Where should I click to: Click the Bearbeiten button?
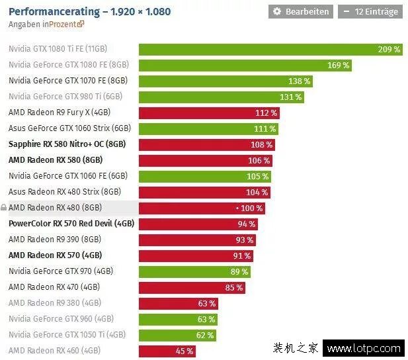point(301,12)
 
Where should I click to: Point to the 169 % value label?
point(338,66)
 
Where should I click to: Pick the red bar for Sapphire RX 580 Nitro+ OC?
point(206,144)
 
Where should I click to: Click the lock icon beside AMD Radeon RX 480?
point(4,208)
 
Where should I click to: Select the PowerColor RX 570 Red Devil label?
point(71,224)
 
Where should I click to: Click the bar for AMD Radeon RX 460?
point(167,351)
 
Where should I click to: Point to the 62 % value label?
point(204,335)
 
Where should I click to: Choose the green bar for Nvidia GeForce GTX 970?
point(195,271)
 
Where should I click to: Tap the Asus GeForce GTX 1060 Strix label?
point(69,128)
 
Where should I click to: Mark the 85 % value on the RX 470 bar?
point(234,287)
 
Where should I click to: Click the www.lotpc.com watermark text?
point(364,348)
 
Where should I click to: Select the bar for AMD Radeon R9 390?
point(197,240)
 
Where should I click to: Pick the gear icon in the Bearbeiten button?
point(277,12)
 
